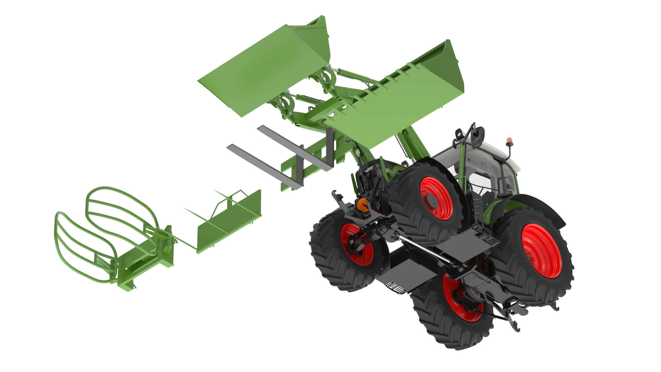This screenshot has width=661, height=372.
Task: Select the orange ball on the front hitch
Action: pos(363,205)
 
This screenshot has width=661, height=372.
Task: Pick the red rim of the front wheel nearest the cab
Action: pos(436,198)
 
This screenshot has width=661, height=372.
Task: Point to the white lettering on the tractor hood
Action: pos(368,169)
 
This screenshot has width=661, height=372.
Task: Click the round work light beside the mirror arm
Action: pos(458,134)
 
